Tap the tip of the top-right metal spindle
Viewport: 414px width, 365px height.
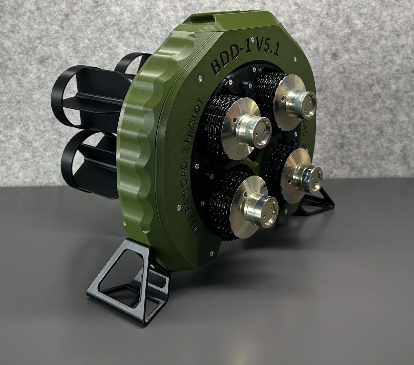(x=306, y=102)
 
